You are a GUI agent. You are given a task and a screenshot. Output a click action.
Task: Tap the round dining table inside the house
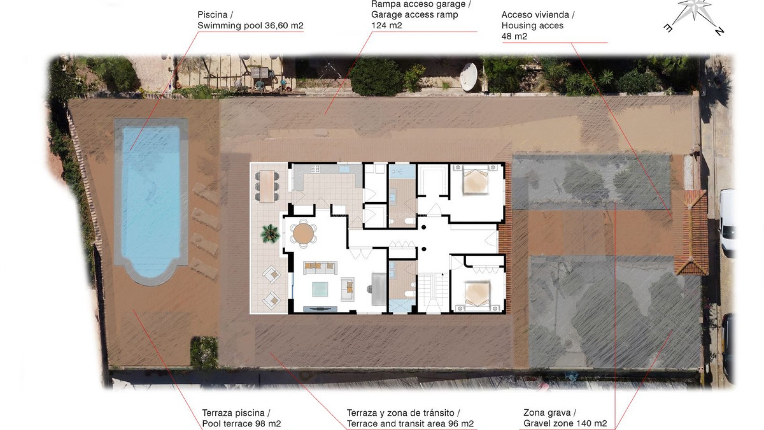(304, 233)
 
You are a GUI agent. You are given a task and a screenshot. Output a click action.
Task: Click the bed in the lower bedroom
(477, 294)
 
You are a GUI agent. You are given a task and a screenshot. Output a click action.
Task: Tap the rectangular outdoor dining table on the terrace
(267, 186)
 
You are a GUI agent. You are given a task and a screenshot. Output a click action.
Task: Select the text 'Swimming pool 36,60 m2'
(250, 25)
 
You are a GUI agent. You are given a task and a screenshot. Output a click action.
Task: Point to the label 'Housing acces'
(532, 25)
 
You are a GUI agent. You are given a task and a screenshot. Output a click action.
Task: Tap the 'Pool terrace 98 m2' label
(241, 424)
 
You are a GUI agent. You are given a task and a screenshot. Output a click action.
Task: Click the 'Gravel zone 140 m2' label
(565, 424)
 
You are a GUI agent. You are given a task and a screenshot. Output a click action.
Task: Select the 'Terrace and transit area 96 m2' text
(410, 424)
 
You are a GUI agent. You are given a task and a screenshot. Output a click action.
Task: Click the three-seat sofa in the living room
(320, 267)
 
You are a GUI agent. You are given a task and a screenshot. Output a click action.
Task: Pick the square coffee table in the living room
(320, 289)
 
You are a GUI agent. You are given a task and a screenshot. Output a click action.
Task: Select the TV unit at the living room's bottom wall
(320, 309)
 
